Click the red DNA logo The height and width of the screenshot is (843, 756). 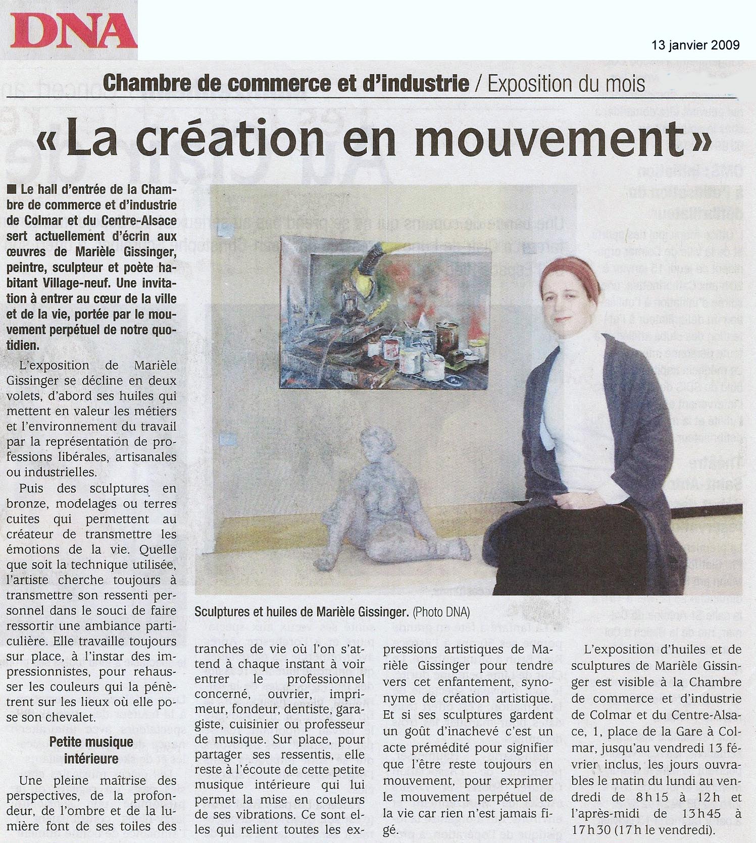coord(74,31)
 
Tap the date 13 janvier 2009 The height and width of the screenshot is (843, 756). coord(695,45)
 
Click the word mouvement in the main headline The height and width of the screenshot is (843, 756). coord(549,138)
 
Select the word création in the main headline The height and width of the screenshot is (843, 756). coord(230,138)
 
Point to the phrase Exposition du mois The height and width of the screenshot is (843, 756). coord(566,84)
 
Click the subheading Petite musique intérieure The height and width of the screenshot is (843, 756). coord(91,750)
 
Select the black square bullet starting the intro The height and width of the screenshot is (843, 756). coord(12,190)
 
